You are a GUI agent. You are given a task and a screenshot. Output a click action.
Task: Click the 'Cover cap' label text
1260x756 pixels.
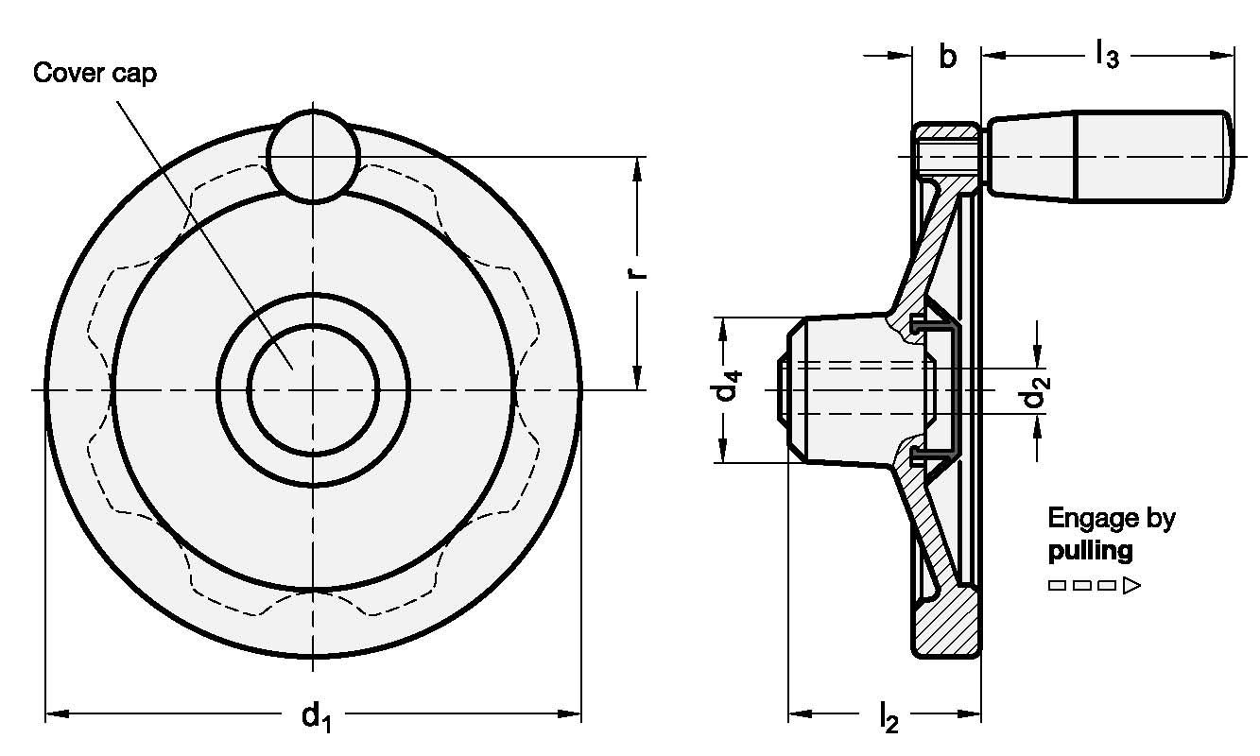95,74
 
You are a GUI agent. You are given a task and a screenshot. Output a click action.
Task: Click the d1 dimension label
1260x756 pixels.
317,717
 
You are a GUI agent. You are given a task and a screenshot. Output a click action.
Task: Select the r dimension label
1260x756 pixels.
639,269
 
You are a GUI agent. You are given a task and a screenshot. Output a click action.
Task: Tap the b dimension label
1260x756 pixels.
946,57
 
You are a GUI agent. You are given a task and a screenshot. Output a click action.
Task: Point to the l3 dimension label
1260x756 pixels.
1106,57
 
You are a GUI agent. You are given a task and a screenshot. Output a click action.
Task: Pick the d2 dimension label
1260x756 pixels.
1037,395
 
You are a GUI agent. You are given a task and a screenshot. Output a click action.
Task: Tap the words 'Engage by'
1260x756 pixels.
1111,518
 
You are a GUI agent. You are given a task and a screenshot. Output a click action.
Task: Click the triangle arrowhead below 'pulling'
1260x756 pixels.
1131,586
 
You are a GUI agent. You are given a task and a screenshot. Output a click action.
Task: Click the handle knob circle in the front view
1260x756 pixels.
313,156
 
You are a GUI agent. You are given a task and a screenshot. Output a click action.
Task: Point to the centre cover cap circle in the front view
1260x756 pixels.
313,389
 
